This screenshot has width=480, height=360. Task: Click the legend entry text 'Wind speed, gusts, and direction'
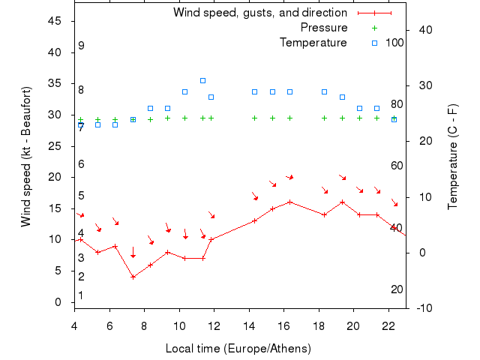pyautogui.click(x=260, y=13)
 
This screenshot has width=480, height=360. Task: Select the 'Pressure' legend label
pyautogui.click(x=324, y=28)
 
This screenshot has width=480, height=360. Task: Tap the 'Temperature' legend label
pyautogui.click(x=313, y=43)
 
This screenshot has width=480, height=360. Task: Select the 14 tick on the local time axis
pyautogui.click(x=249, y=326)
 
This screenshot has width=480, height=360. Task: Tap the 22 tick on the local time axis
pyautogui.click(x=388, y=326)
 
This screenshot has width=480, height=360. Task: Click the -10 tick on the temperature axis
pyautogui.click(x=423, y=308)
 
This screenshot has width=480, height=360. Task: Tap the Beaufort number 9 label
pyautogui.click(x=81, y=46)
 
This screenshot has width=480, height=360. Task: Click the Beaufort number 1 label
pyautogui.click(x=80, y=295)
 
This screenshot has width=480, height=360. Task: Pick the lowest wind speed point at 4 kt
pyautogui.click(x=133, y=277)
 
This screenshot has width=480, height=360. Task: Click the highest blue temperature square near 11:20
pyautogui.click(x=202, y=80)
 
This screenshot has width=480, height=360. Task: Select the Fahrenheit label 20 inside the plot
pyautogui.click(x=397, y=289)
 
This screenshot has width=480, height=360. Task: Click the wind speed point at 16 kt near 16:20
pyautogui.click(x=289, y=202)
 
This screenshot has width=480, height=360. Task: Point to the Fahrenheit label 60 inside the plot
pyautogui.click(x=397, y=166)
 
